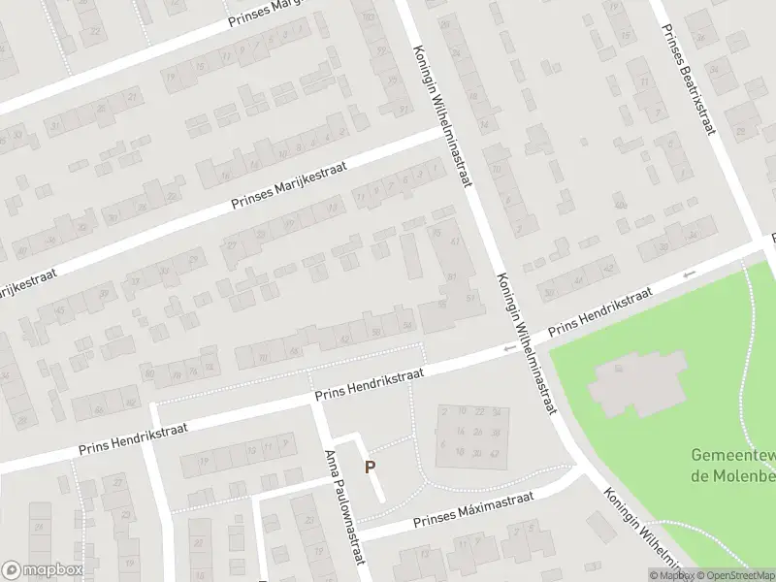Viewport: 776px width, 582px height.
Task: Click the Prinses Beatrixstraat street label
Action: coord(687,70)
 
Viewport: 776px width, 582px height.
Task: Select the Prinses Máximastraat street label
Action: coord(473,510)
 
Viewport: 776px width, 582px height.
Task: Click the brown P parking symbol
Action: coord(370,467)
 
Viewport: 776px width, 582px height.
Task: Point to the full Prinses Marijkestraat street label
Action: coord(289,178)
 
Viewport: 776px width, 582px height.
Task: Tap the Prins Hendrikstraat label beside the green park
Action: coord(599,312)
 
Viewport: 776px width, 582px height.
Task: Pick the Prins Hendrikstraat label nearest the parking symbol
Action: coord(371,385)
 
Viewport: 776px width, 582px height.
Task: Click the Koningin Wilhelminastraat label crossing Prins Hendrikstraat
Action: coord(525,343)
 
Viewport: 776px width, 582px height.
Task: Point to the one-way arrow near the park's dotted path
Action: coord(689,275)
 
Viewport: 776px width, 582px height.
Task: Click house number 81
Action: coord(452,277)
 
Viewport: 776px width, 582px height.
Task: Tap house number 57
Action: coord(471,298)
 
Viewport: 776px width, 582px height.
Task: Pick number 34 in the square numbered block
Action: coord(497,412)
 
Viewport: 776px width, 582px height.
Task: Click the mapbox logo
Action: coord(43,570)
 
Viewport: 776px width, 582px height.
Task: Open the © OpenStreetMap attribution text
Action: coord(734,575)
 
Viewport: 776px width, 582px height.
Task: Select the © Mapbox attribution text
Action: coord(671,575)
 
